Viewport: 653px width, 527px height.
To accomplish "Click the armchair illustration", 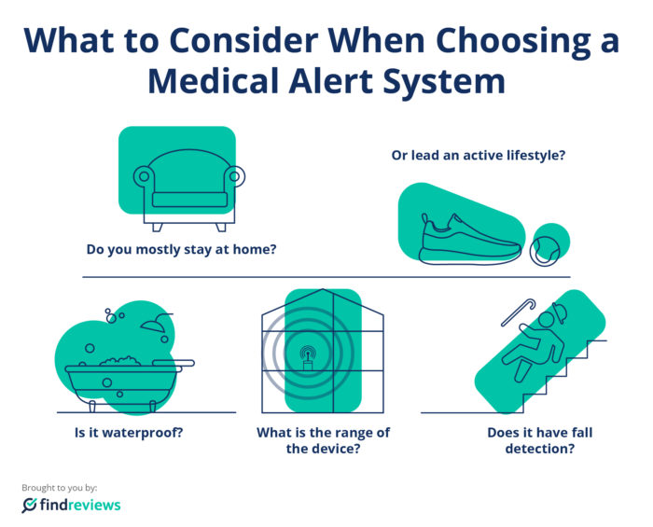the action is (x=189, y=190).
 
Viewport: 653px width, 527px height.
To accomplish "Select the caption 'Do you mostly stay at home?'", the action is (x=181, y=249).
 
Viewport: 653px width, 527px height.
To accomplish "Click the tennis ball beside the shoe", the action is (x=544, y=252).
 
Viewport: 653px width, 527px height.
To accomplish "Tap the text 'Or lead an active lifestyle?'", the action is (x=479, y=155).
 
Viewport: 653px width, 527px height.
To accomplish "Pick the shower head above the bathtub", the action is (x=156, y=322).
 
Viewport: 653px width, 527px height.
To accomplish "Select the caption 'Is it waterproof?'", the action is (x=129, y=433).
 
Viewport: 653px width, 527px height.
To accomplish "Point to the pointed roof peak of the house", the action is (x=323, y=290).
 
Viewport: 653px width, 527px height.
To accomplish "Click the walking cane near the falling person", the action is (x=518, y=312).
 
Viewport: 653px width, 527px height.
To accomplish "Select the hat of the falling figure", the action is (x=560, y=312).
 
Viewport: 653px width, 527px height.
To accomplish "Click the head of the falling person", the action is (x=546, y=321).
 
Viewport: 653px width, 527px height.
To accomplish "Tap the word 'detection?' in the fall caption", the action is (x=540, y=449).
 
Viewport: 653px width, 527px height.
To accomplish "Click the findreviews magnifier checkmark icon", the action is (x=29, y=505).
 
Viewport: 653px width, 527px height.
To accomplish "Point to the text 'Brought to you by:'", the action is (x=59, y=488).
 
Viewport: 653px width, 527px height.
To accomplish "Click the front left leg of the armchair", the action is (x=157, y=228).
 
